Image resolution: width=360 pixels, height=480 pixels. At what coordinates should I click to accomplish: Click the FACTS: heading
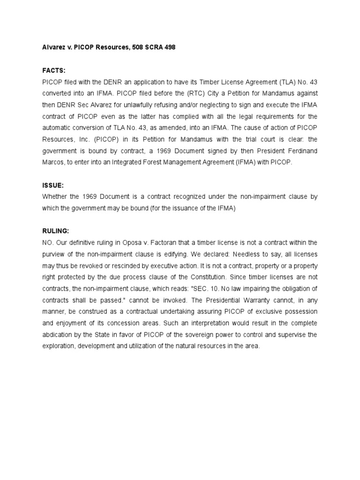click(x=53, y=70)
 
